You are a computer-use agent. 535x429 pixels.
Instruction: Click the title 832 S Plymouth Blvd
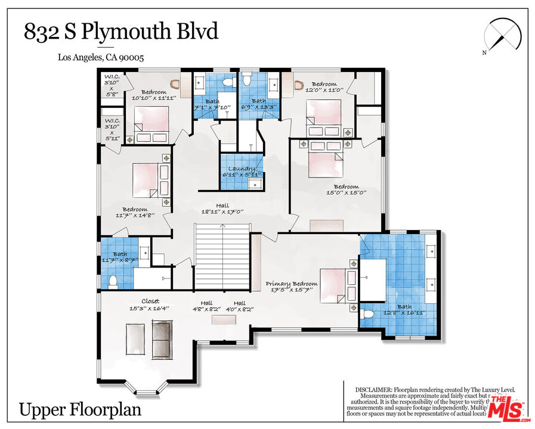(120, 32)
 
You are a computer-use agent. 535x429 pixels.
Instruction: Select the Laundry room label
(242, 172)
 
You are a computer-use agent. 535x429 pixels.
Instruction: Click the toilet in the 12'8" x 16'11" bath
(368, 314)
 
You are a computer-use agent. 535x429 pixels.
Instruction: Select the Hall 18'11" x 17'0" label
(222, 208)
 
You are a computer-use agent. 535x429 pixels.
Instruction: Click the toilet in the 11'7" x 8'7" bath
(113, 281)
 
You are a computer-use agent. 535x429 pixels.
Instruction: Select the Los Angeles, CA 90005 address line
(101, 58)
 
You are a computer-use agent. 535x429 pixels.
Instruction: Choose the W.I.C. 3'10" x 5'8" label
(111, 85)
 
